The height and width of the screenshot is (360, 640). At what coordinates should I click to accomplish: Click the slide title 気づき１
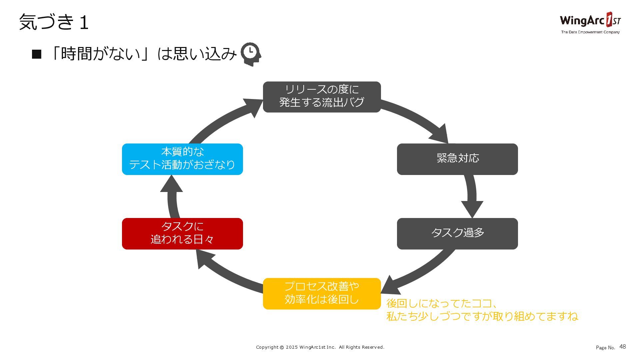coord(54,22)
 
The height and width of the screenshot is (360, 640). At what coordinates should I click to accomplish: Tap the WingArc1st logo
coord(590,21)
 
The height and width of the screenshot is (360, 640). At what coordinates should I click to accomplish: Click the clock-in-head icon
coord(251,54)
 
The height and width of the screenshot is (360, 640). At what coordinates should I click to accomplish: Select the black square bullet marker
coord(36,54)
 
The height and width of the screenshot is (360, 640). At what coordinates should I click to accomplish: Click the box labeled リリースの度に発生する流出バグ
coord(322,97)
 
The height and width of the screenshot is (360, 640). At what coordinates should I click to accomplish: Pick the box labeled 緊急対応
coord(457,159)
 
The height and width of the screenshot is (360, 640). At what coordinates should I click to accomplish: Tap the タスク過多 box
coord(457,233)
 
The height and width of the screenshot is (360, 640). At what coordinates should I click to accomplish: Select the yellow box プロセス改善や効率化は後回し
coord(322,293)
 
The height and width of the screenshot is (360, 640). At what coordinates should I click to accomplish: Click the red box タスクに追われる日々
coord(182,233)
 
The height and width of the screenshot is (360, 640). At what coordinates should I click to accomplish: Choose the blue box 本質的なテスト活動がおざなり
coord(182,159)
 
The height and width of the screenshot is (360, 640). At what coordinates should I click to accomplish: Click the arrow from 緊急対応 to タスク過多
coord(472,197)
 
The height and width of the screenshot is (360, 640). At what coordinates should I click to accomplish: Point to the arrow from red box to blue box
coord(172,197)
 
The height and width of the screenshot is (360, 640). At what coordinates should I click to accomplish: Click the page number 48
coord(622,347)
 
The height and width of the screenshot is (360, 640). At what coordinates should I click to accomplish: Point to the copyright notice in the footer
coord(320,347)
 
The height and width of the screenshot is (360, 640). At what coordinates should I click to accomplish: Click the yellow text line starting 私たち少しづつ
coord(482,316)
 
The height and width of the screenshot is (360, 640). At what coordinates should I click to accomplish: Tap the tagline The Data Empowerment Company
coord(590,32)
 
